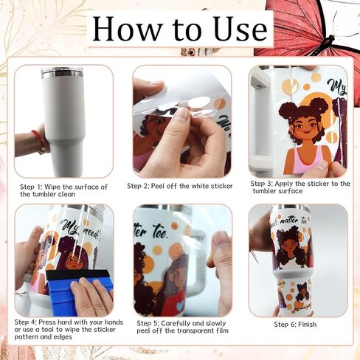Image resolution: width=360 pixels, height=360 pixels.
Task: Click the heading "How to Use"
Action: pos(180,29)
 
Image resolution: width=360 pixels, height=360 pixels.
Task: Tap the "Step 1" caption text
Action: pos(63,190)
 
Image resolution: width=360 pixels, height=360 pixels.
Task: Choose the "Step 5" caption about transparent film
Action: pos(182,326)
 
